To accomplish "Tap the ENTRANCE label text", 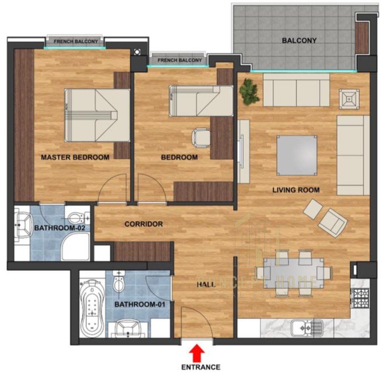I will (x=201, y=367).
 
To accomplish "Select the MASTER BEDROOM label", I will (x=75, y=157).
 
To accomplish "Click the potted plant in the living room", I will (x=250, y=91).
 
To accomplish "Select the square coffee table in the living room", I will (x=297, y=155).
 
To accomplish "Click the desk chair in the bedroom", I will (x=200, y=136).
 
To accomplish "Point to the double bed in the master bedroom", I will (x=97, y=115).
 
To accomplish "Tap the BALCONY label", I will (x=299, y=41).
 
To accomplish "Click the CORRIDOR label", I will (x=144, y=224).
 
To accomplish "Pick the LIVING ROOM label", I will (x=296, y=190).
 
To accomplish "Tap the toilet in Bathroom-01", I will (x=119, y=283).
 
